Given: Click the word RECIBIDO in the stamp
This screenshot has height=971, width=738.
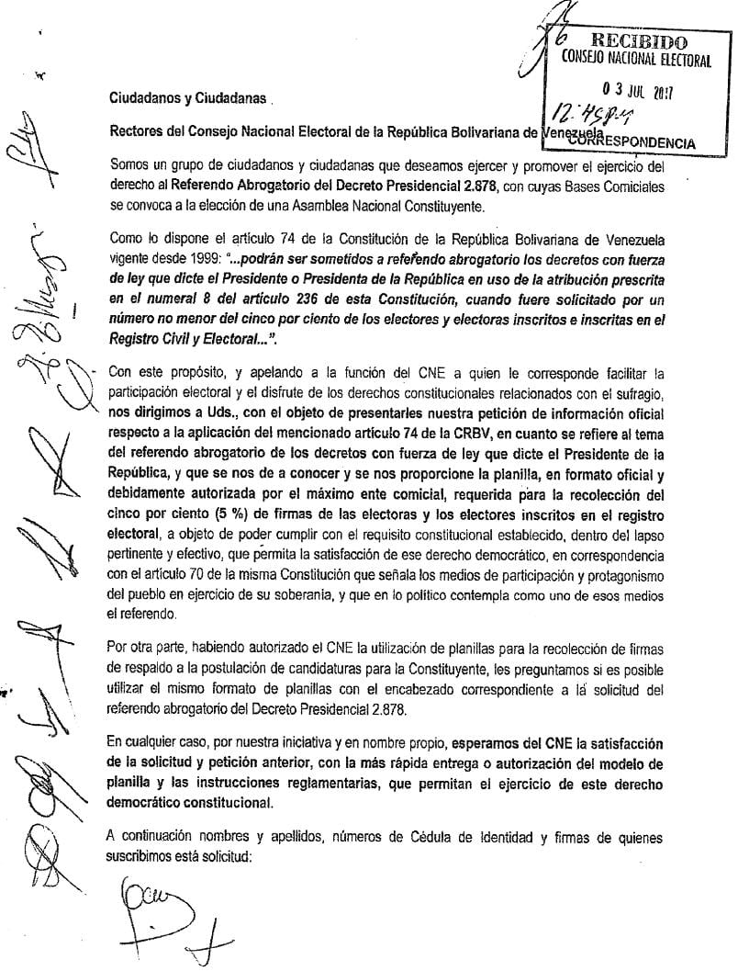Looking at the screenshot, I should (x=640, y=40).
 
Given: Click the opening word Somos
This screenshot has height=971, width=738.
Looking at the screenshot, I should (x=128, y=164).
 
